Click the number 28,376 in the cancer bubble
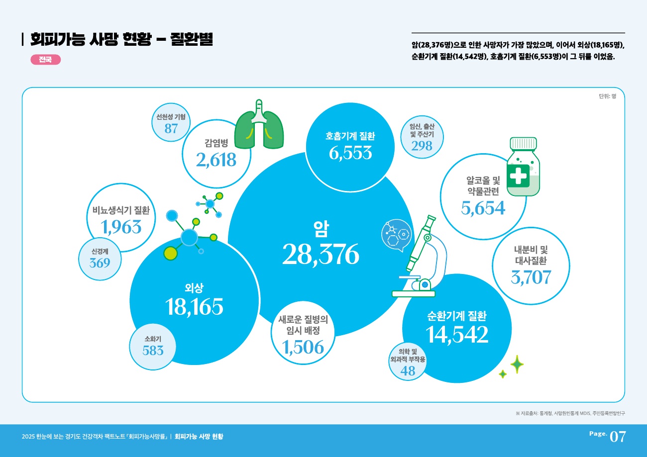coord(321,255)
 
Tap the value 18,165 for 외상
coord(195,307)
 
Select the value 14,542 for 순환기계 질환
coord(457,335)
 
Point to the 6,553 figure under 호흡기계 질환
coord(350,153)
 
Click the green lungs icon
coord(258,127)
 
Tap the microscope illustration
coord(421,259)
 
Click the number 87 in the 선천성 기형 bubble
coord(171,128)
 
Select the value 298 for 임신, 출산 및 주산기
coord(422,146)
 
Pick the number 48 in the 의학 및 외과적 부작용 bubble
coord(408,370)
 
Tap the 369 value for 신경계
coord(100,263)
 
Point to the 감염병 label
coord(216,143)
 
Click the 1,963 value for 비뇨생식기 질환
coord(121,227)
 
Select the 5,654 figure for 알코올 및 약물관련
coord(483,208)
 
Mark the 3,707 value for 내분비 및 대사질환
coord(531,276)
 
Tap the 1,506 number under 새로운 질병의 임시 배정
coord(303,347)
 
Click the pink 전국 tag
coord(45,60)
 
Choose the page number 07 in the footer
coord(617,437)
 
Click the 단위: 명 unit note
coord(607,96)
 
